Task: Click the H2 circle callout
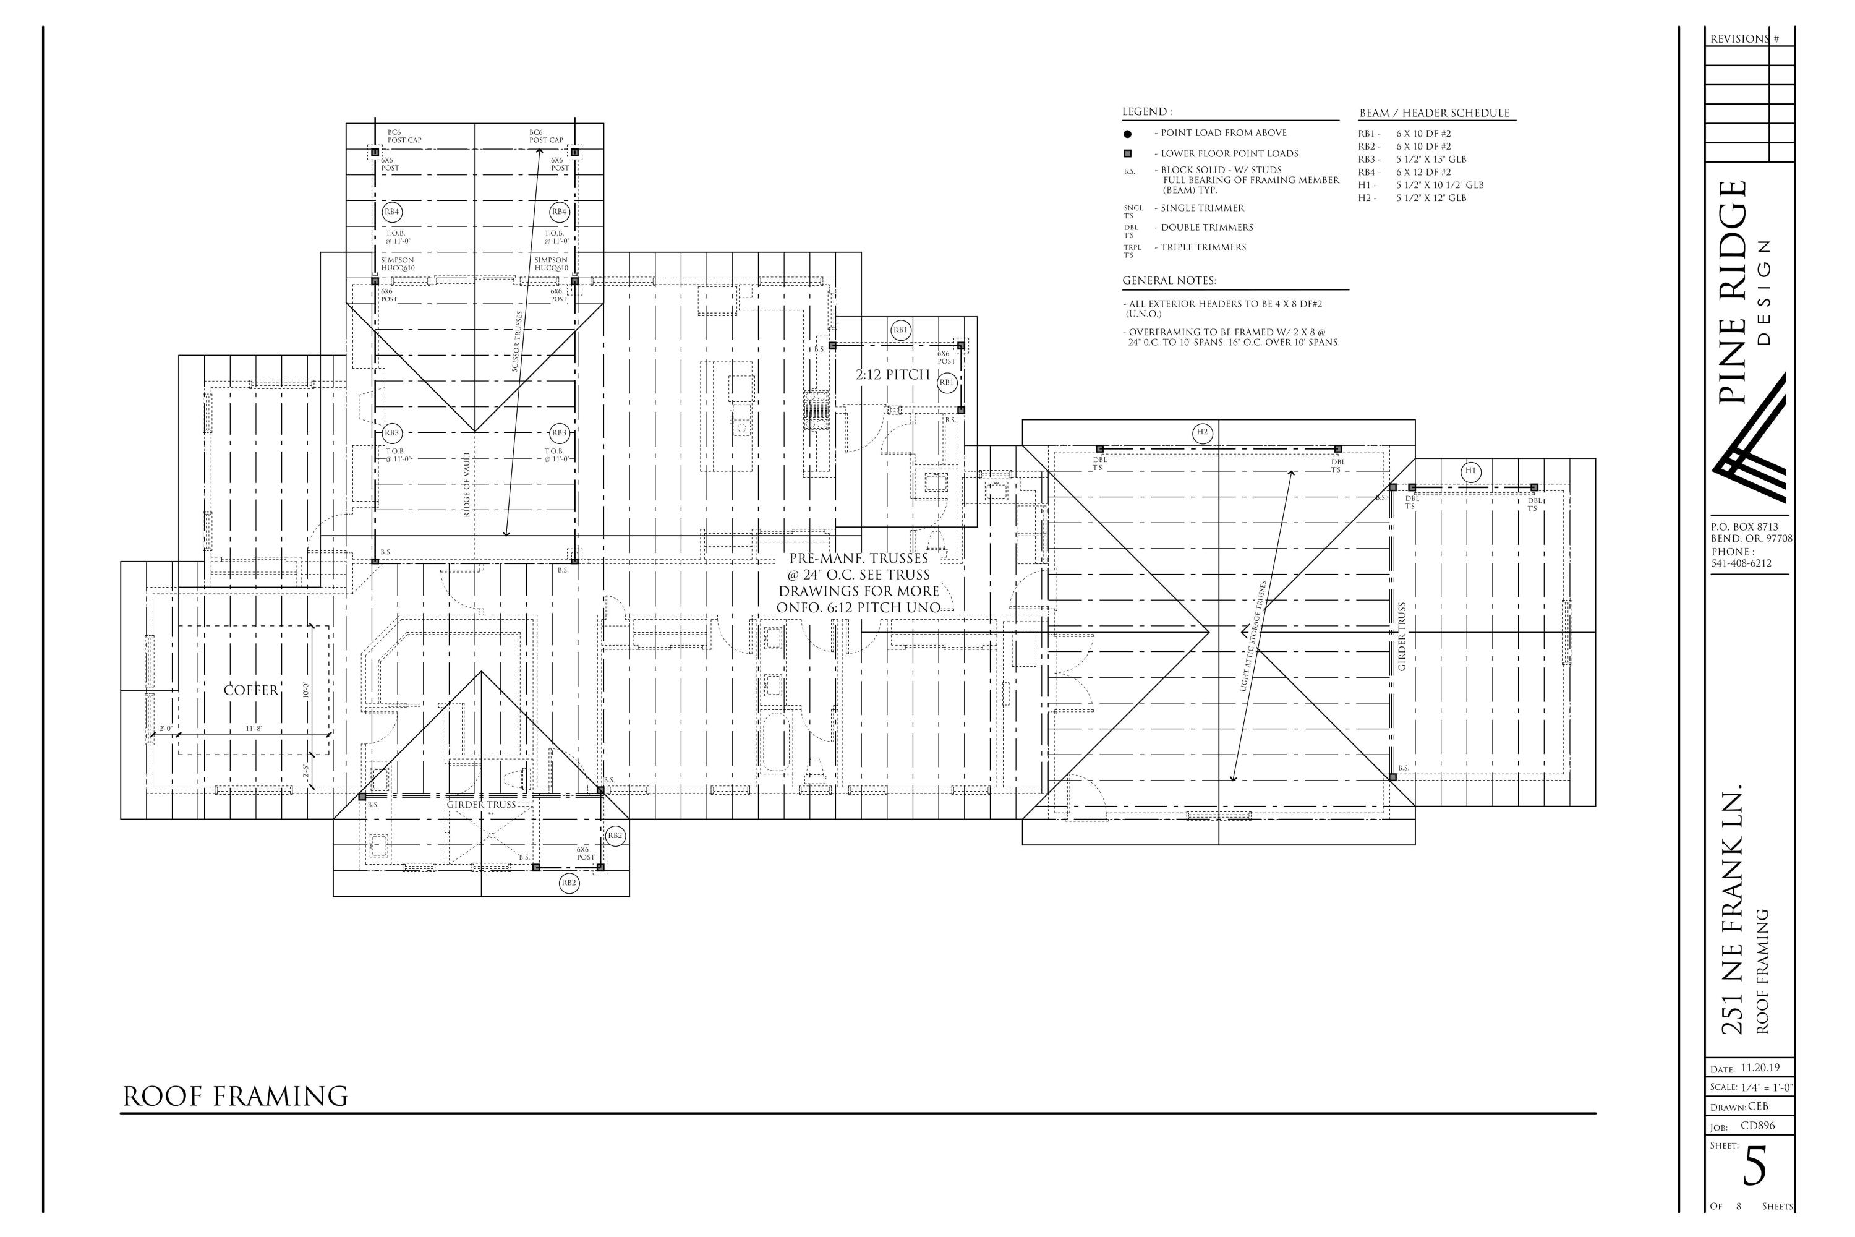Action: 1202,432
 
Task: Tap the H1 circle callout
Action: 1470,472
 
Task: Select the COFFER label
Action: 251,690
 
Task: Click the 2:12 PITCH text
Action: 893,375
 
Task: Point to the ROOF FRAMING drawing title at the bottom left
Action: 235,1097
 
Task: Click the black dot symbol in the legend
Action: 1127,134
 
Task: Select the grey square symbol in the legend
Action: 1127,154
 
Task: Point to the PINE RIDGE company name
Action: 1734,292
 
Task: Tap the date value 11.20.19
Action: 1760,1068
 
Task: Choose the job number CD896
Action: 1758,1126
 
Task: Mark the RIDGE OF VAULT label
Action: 467,484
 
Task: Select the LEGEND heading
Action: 1147,112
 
